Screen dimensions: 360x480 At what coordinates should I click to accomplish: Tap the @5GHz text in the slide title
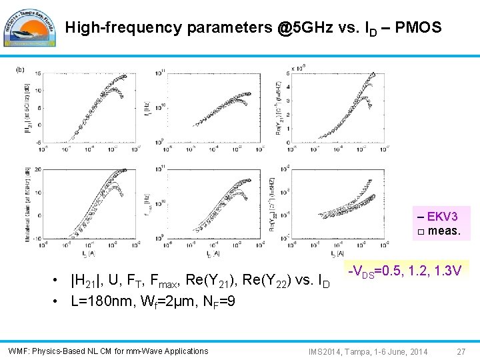[305, 28]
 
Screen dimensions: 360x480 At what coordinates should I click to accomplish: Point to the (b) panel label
[21, 69]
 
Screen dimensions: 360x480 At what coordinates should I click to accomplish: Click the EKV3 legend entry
[441, 217]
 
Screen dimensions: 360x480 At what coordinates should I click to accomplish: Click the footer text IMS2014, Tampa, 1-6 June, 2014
[368, 351]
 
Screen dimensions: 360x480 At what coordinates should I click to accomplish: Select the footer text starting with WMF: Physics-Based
[108, 351]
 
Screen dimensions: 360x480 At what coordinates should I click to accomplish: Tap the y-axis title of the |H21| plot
[27, 105]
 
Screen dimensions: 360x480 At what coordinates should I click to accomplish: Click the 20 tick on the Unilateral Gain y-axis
[39, 169]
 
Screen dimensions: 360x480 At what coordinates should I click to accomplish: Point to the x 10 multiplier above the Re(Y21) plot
[298, 68]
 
